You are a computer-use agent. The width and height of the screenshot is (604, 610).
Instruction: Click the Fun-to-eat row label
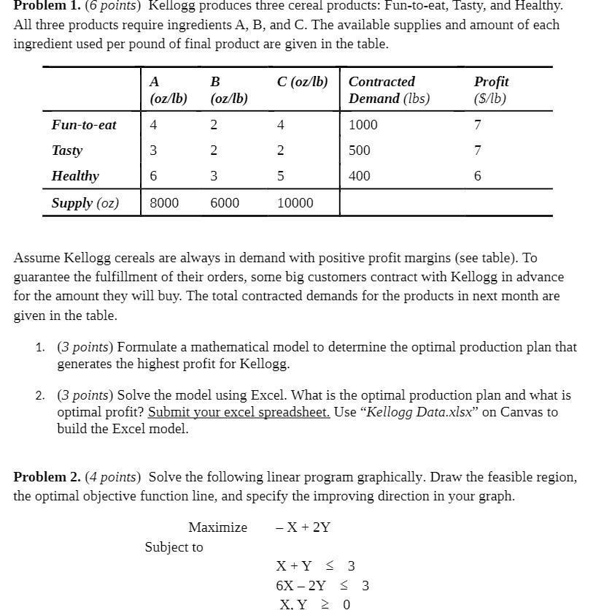point(84,125)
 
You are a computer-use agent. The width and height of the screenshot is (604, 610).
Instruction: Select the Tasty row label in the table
point(67,150)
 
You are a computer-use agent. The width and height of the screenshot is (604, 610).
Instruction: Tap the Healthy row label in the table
point(75,176)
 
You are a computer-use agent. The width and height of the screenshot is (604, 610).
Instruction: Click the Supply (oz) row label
point(85,202)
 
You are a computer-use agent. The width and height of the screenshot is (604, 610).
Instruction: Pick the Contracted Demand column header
point(389,90)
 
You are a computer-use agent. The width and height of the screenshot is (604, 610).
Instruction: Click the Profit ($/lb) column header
point(491,90)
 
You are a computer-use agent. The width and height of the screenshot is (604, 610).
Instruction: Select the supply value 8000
point(164,203)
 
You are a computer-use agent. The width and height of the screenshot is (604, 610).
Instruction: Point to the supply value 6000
point(225,203)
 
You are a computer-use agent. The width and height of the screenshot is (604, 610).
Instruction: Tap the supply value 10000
point(295,203)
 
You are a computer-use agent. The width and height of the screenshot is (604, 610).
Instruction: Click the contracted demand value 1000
point(363,125)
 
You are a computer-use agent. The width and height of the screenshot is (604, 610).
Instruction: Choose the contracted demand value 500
point(360,150)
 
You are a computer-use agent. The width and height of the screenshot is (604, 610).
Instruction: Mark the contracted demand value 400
point(360,176)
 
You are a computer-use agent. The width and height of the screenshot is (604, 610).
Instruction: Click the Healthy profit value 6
point(478,176)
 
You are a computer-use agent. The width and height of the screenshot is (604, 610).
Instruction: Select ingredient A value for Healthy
point(153,176)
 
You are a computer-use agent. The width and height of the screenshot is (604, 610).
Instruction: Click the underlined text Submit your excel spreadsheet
point(239,412)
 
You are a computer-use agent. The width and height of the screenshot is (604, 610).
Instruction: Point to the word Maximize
point(217,527)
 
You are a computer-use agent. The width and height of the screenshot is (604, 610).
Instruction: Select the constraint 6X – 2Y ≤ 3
point(322,586)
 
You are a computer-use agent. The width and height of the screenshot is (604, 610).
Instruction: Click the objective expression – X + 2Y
point(303,527)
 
